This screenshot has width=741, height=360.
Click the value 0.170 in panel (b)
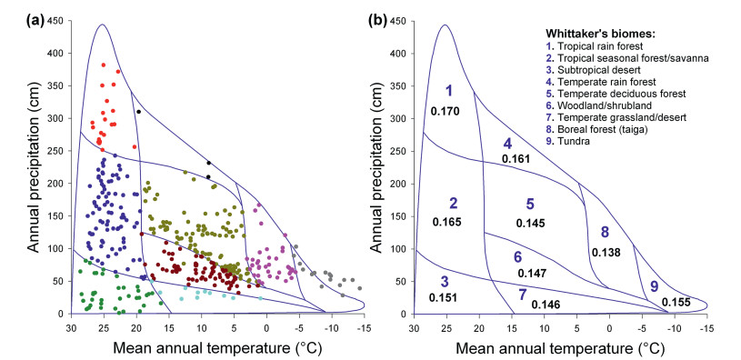tap(446, 112)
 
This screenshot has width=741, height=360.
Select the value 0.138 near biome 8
tap(606, 253)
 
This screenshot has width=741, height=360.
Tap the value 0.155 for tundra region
tap(676, 303)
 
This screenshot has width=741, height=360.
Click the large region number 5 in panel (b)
tap(530, 205)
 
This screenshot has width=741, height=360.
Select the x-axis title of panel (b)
tap(560, 348)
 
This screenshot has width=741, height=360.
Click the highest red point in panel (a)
tap(104, 65)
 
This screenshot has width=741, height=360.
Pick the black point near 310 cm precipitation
tap(138, 112)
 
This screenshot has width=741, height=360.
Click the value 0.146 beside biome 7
tap(546, 305)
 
